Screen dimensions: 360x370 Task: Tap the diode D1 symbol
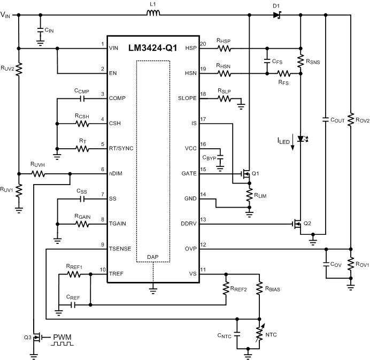point(276,15)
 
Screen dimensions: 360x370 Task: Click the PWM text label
point(61,337)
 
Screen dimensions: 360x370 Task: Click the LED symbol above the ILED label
point(300,139)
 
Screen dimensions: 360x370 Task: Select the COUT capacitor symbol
point(326,120)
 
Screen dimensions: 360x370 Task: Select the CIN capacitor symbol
point(41,31)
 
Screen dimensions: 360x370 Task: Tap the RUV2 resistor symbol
point(19,68)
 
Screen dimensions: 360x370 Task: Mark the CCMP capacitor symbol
point(82,98)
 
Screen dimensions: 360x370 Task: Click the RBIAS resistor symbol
point(259,289)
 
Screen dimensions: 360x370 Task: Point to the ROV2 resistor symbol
point(351,118)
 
